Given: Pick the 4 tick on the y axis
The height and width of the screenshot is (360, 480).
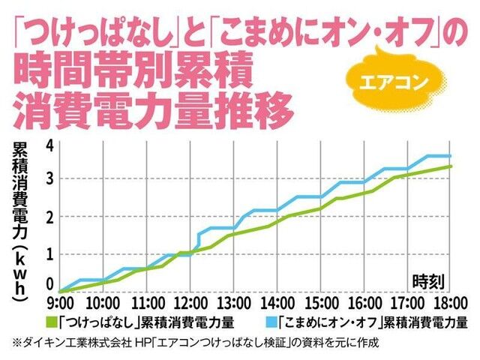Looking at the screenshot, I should point(50,145).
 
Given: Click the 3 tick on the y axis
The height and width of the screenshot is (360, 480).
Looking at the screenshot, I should point(50,180).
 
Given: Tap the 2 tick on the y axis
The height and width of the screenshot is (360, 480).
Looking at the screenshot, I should point(50,217).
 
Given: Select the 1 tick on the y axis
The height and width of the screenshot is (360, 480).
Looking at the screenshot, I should point(50,253).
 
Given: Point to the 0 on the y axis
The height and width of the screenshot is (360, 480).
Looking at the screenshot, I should point(50,284).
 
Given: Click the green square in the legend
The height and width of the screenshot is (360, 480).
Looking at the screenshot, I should point(52,322).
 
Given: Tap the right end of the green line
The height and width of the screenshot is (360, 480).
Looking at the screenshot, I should point(450,166).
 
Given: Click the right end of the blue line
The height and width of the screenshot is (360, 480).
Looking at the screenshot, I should point(449,156).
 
